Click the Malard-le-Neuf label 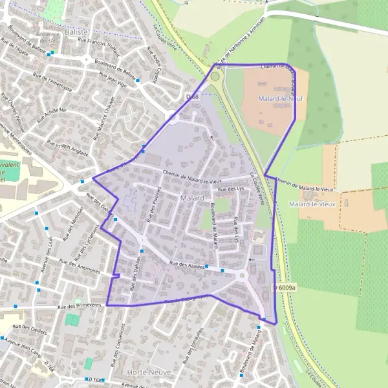coord(281,99)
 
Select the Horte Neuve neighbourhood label coord(145,372)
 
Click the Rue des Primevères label coord(81,307)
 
